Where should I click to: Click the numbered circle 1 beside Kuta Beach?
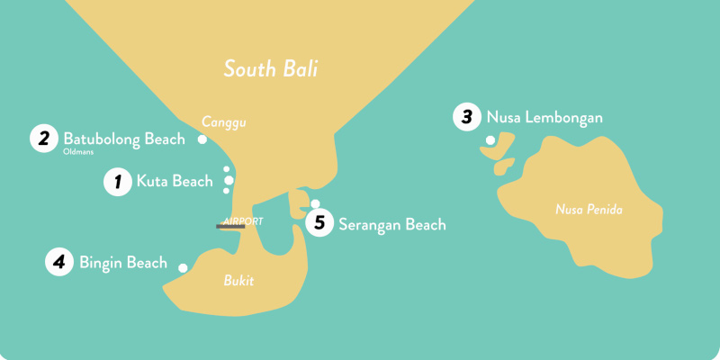pos(116,182)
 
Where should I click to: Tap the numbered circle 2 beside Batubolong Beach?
pos(42,139)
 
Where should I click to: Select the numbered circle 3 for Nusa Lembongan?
pos(466,117)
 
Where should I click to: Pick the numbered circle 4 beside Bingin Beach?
pos(58,263)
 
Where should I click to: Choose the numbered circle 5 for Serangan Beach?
pos(319,224)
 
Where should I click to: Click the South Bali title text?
pos(271,68)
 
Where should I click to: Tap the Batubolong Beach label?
pos(124,139)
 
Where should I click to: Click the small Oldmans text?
pos(78,152)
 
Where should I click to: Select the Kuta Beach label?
pos(175,182)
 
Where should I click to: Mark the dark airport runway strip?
pos(230,227)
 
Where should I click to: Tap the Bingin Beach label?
pos(123,263)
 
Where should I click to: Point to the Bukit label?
pos(238,281)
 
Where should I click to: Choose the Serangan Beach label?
pos(391,225)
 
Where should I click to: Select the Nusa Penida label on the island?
pos(589,211)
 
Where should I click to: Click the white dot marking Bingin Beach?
pos(184,268)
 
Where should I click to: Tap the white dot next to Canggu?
pos(202,139)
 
